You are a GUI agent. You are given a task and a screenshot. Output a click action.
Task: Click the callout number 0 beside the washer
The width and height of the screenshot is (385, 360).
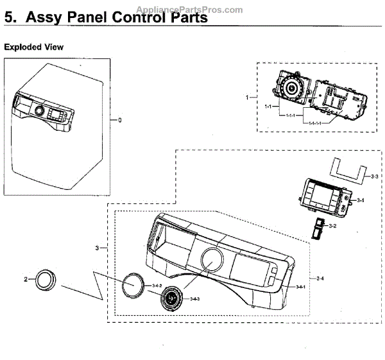point(119,120)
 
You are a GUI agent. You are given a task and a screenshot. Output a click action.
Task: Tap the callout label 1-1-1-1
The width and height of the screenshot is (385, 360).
point(315,122)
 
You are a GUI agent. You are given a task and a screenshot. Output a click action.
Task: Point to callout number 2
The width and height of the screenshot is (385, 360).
point(26,279)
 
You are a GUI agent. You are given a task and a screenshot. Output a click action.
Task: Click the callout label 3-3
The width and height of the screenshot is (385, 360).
point(375,175)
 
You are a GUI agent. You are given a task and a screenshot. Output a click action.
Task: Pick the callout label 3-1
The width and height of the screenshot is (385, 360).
point(361,201)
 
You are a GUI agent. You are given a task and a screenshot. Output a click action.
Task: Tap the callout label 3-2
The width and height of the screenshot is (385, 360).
point(332,226)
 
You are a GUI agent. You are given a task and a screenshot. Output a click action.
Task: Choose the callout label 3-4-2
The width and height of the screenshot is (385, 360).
point(157,284)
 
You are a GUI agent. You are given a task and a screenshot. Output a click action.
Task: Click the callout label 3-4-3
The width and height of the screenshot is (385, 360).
point(194,299)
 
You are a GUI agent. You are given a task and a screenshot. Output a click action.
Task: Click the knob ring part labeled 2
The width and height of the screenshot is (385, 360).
point(46,280)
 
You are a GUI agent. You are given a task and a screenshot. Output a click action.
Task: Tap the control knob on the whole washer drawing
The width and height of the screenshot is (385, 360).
point(40,112)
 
